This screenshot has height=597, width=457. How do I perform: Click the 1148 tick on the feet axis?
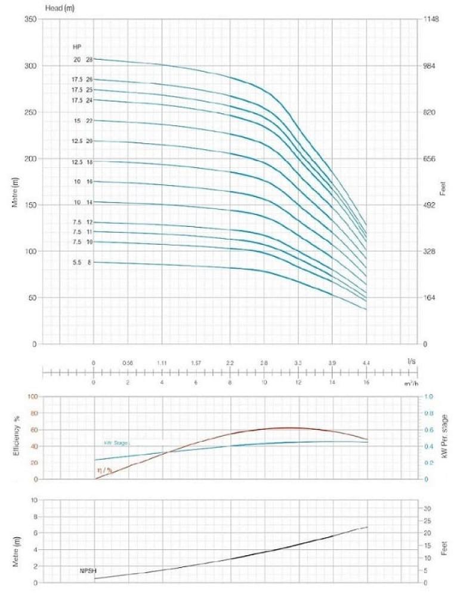click(431, 19)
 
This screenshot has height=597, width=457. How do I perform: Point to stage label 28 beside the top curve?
click(89, 59)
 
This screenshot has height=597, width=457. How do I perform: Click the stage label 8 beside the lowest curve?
click(90, 262)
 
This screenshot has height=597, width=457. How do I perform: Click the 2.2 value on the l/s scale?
click(230, 362)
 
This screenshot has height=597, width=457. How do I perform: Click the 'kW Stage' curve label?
click(116, 443)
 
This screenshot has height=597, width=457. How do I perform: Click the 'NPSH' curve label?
click(88, 571)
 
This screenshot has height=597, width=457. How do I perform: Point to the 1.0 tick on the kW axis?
click(428, 396)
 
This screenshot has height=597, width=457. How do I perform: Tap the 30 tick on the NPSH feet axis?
click(428, 508)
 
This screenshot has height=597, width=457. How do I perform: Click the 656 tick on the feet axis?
click(430, 159)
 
